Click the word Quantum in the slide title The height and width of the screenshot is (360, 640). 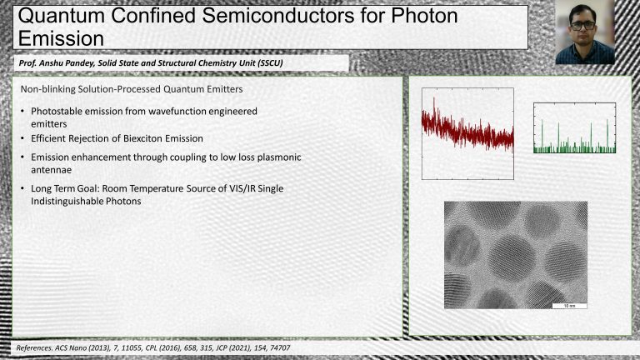(62, 16)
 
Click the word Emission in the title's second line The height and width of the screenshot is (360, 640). (61, 39)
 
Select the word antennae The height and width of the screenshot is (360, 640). (51, 170)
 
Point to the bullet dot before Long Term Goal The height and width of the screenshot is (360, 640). (22, 189)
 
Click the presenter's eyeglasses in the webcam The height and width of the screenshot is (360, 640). (583, 25)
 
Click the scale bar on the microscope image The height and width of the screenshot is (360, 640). (569, 306)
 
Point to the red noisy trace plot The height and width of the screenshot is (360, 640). (467, 133)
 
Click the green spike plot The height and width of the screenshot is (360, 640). (575, 127)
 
